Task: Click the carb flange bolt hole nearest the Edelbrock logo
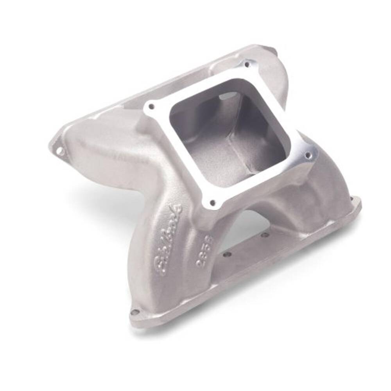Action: (x=212, y=203)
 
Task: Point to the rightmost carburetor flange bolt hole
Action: (x=308, y=155)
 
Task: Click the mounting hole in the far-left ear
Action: (x=59, y=150)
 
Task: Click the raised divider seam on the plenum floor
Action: (x=235, y=149)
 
